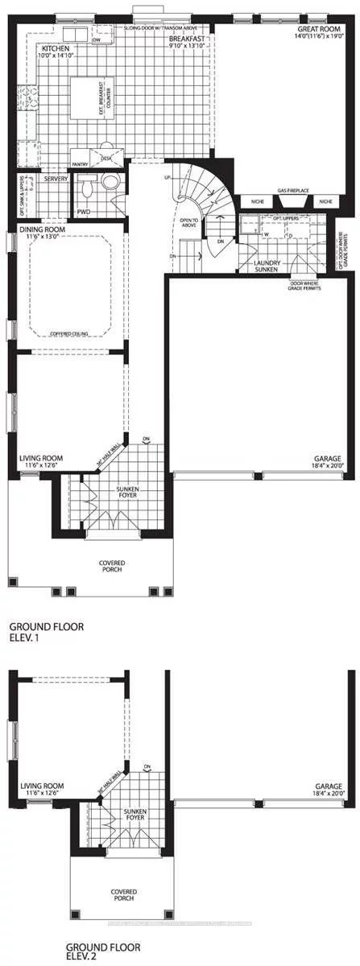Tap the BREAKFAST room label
(184, 39)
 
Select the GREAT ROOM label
(317, 29)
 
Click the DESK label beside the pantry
(106, 159)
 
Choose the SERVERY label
(56, 179)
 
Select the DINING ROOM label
(42, 229)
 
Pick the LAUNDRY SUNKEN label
(266, 268)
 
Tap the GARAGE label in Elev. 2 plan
(329, 789)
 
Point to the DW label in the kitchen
(97, 39)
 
